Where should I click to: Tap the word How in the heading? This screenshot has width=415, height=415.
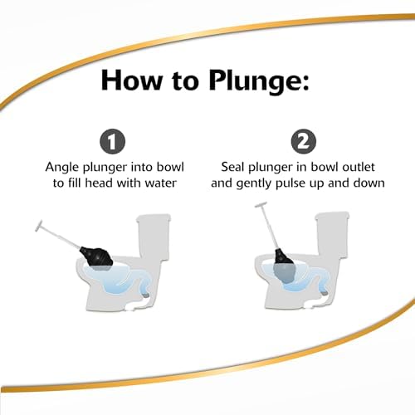(x=132, y=81)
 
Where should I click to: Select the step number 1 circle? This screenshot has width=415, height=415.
(x=112, y=142)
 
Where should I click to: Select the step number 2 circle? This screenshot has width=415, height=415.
(x=304, y=142)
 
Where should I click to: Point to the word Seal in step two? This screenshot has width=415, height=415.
(x=232, y=167)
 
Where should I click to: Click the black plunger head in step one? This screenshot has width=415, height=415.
(x=96, y=256)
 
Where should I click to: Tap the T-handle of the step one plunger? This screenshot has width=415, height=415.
(x=39, y=226)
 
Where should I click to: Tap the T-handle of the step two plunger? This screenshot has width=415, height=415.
(x=261, y=205)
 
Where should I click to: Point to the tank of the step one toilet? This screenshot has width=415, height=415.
(x=154, y=237)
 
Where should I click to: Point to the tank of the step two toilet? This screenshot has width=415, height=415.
(x=332, y=235)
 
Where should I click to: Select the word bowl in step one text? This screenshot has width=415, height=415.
(x=170, y=167)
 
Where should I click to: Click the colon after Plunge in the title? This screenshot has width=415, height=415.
(x=305, y=82)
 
